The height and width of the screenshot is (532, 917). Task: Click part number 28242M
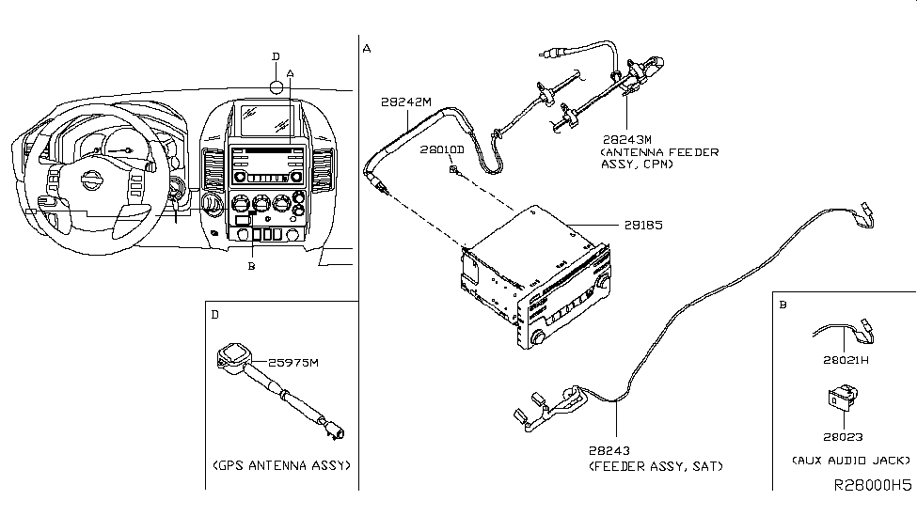(406, 102)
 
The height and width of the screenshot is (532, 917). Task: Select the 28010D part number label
(442, 150)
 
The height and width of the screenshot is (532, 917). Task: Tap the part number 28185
(643, 225)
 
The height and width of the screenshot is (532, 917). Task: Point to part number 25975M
(293, 363)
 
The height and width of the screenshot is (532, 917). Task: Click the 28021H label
(846, 360)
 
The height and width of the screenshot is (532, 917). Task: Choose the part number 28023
(843, 437)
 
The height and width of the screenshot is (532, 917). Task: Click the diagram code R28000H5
(873, 485)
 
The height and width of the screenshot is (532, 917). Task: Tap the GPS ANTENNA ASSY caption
(282, 465)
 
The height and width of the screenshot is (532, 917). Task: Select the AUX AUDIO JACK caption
(851, 461)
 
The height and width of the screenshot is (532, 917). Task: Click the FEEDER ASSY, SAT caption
(656, 466)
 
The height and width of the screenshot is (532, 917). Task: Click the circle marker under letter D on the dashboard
(276, 87)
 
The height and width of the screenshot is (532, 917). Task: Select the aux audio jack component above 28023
(843, 397)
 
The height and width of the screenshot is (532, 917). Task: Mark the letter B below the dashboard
(251, 267)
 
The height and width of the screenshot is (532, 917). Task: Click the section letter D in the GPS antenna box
(215, 315)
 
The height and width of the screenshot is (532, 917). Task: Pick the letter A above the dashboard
(290, 73)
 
